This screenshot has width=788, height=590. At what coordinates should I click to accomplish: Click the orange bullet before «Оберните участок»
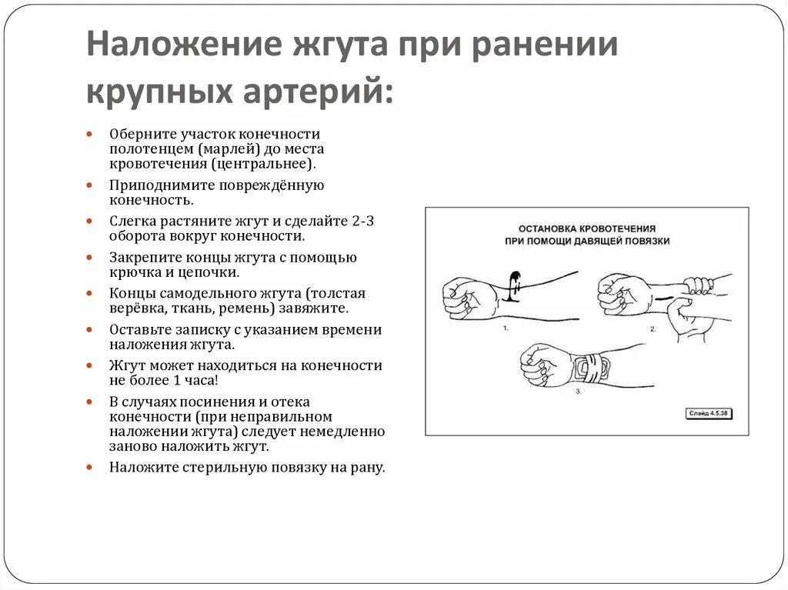[91, 134]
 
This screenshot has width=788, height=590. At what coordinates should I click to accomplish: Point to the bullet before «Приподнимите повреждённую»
[91, 185]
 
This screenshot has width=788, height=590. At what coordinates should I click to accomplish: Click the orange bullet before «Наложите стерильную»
[91, 467]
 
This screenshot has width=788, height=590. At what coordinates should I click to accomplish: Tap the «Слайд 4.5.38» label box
[709, 414]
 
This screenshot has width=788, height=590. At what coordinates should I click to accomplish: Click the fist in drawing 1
[465, 296]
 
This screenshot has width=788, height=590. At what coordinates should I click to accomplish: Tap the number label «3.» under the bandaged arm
[579, 391]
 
